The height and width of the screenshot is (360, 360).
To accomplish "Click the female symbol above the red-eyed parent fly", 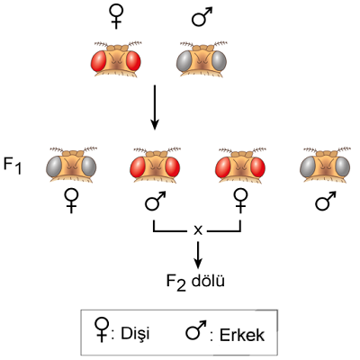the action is click(x=116, y=17).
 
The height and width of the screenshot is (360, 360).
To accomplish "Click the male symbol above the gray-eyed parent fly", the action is click(x=201, y=17).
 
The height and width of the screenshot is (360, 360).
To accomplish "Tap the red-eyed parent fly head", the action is click(x=116, y=59).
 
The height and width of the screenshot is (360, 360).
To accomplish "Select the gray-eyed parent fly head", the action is click(x=202, y=59).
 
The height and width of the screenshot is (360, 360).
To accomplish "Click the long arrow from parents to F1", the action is click(x=155, y=107).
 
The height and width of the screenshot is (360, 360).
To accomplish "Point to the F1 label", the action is click(x=13, y=166).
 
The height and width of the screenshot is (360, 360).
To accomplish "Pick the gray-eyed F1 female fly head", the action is click(x=71, y=165).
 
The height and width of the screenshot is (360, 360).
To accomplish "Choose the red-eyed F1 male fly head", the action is click(x=155, y=165).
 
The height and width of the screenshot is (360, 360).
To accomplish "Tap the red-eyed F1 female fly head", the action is click(x=240, y=165).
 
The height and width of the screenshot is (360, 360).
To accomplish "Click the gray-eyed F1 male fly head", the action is click(x=325, y=165).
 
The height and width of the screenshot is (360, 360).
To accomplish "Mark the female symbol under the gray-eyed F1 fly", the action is click(x=71, y=202).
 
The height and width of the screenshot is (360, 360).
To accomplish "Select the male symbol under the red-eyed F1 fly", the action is click(x=155, y=201).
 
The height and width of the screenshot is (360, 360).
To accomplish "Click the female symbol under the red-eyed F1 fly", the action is click(x=240, y=202).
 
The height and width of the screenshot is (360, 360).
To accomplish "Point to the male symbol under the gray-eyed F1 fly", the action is click(x=325, y=201).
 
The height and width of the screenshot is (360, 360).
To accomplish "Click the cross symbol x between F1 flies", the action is click(x=198, y=230).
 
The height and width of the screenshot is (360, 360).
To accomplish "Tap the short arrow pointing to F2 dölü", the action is click(x=197, y=255).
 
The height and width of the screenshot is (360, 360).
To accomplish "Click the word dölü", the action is click(x=208, y=281).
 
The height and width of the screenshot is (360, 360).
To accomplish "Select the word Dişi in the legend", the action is click(x=135, y=333).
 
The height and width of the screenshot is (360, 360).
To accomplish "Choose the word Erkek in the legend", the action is click(x=242, y=335).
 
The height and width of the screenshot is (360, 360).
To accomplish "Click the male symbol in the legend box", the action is click(x=195, y=330).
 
